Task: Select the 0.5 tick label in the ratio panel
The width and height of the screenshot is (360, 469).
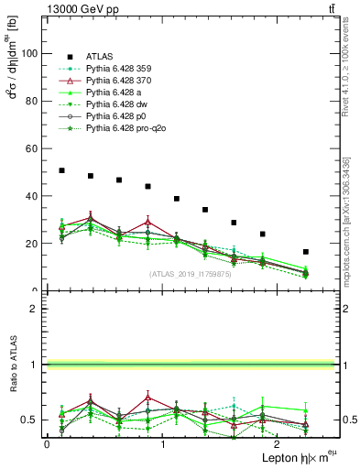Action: point(33,420)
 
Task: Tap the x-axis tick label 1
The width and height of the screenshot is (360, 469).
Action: point(163,442)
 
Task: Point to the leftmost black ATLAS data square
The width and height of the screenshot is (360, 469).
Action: point(61,170)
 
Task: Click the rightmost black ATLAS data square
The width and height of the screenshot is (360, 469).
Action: point(305,252)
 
